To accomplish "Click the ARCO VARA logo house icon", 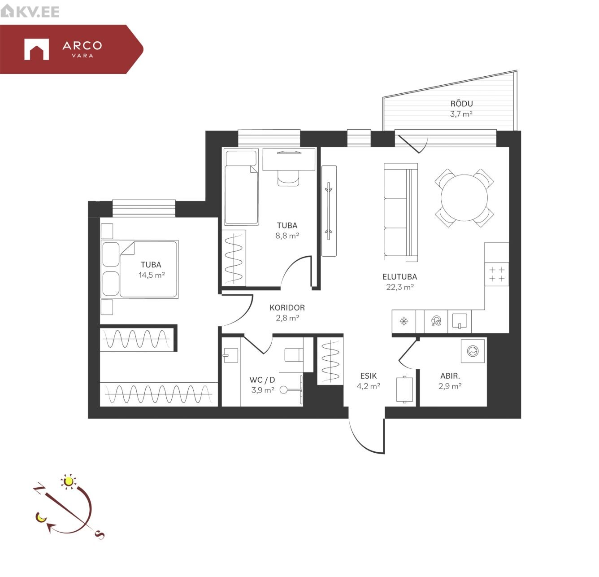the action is [36, 49].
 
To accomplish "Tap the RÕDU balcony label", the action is [461, 104].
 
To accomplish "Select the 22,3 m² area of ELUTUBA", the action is [400, 287].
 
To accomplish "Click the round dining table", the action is [464, 198].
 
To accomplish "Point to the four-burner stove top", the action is [497, 274].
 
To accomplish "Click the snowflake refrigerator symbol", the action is [404, 322].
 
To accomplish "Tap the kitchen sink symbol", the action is [459, 321].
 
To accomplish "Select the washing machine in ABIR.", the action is [473, 351].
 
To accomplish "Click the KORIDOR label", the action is [287, 307].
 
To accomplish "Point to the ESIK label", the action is [369, 376].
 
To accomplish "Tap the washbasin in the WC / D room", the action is [230, 355].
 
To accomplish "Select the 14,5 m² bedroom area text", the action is [152, 275].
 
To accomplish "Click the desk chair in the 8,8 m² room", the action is [288, 178].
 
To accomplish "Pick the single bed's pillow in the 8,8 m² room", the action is [241, 158].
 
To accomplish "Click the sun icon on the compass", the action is [68, 481].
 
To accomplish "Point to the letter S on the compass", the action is [99, 535].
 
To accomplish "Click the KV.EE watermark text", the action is [38, 12].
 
